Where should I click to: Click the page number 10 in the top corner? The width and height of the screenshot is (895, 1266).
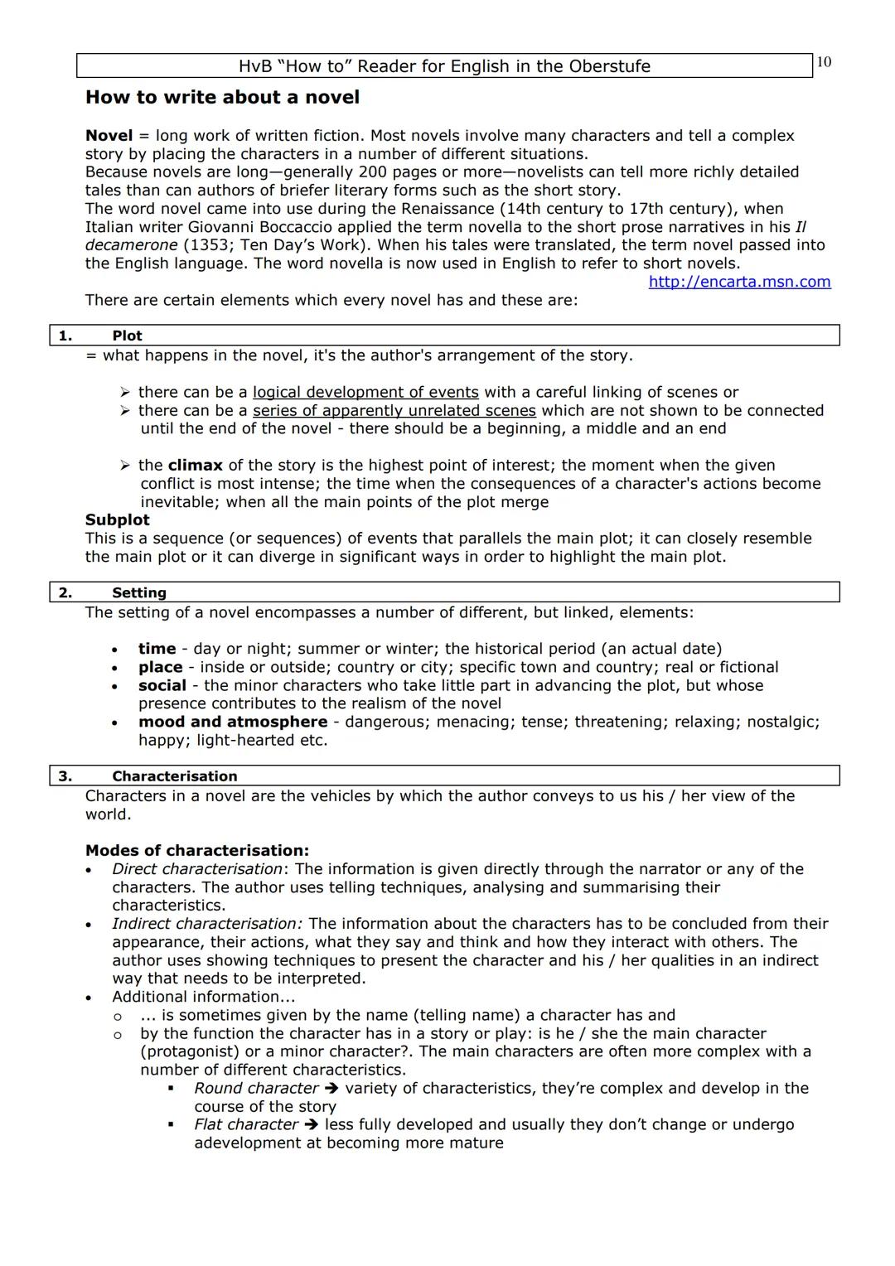[824, 62]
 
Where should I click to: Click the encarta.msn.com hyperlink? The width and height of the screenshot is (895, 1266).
[739, 282]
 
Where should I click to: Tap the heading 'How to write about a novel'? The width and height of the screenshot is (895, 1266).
[222, 98]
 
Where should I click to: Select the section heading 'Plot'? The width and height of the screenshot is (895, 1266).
[127, 336]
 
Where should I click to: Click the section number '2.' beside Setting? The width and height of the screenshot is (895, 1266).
[65, 592]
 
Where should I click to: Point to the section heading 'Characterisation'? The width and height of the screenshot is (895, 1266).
[174, 776]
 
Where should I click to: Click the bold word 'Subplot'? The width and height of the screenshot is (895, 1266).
[117, 520]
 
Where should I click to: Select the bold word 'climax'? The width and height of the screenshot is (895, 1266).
[195, 466]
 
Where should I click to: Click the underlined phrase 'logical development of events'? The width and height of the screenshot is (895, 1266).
[365, 392]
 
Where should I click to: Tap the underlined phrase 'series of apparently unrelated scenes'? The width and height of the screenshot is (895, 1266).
[394, 410]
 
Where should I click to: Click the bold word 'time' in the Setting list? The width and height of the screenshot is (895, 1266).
[157, 649]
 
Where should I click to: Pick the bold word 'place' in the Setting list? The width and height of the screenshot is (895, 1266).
[160, 667]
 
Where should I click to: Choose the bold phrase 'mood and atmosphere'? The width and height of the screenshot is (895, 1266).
[233, 722]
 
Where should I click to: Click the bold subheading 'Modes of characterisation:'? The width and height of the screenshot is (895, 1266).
[196, 851]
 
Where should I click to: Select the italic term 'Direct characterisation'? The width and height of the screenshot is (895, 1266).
[196, 869]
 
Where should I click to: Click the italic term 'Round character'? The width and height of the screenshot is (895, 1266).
[256, 1088]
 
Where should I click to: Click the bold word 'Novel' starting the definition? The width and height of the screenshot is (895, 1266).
[109, 136]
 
